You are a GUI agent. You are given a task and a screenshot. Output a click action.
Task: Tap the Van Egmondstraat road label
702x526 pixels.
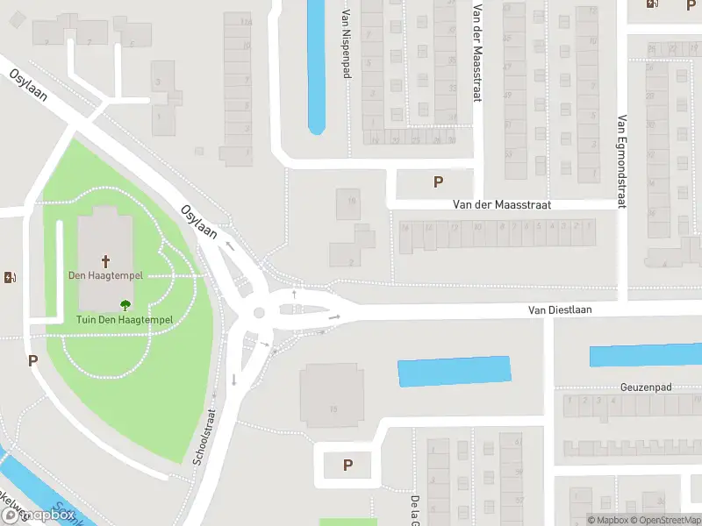[621, 161]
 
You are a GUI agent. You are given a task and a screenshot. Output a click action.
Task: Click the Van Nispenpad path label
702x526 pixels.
[347, 44]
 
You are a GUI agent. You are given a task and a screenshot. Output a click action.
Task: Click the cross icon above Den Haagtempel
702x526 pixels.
[106, 260]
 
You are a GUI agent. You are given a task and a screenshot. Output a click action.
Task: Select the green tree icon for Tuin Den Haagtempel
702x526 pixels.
[124, 305]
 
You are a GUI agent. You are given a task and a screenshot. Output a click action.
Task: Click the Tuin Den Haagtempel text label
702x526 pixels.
[124, 320]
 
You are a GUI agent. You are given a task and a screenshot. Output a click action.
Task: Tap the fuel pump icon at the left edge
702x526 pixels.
[11, 278]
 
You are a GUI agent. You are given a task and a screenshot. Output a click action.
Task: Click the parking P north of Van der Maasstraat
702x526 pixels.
[438, 182]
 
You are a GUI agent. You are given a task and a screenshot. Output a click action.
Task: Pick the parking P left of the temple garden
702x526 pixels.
[32, 360]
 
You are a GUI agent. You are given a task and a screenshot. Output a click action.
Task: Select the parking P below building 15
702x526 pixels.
[347, 466]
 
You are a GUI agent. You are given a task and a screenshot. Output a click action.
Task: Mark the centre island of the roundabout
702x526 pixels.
[259, 313]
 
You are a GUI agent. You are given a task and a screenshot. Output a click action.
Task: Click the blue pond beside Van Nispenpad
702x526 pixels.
[316, 66]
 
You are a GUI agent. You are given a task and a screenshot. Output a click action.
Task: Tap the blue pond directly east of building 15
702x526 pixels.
[454, 371]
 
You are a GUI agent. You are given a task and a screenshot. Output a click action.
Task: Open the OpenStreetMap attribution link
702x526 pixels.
[657, 520]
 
